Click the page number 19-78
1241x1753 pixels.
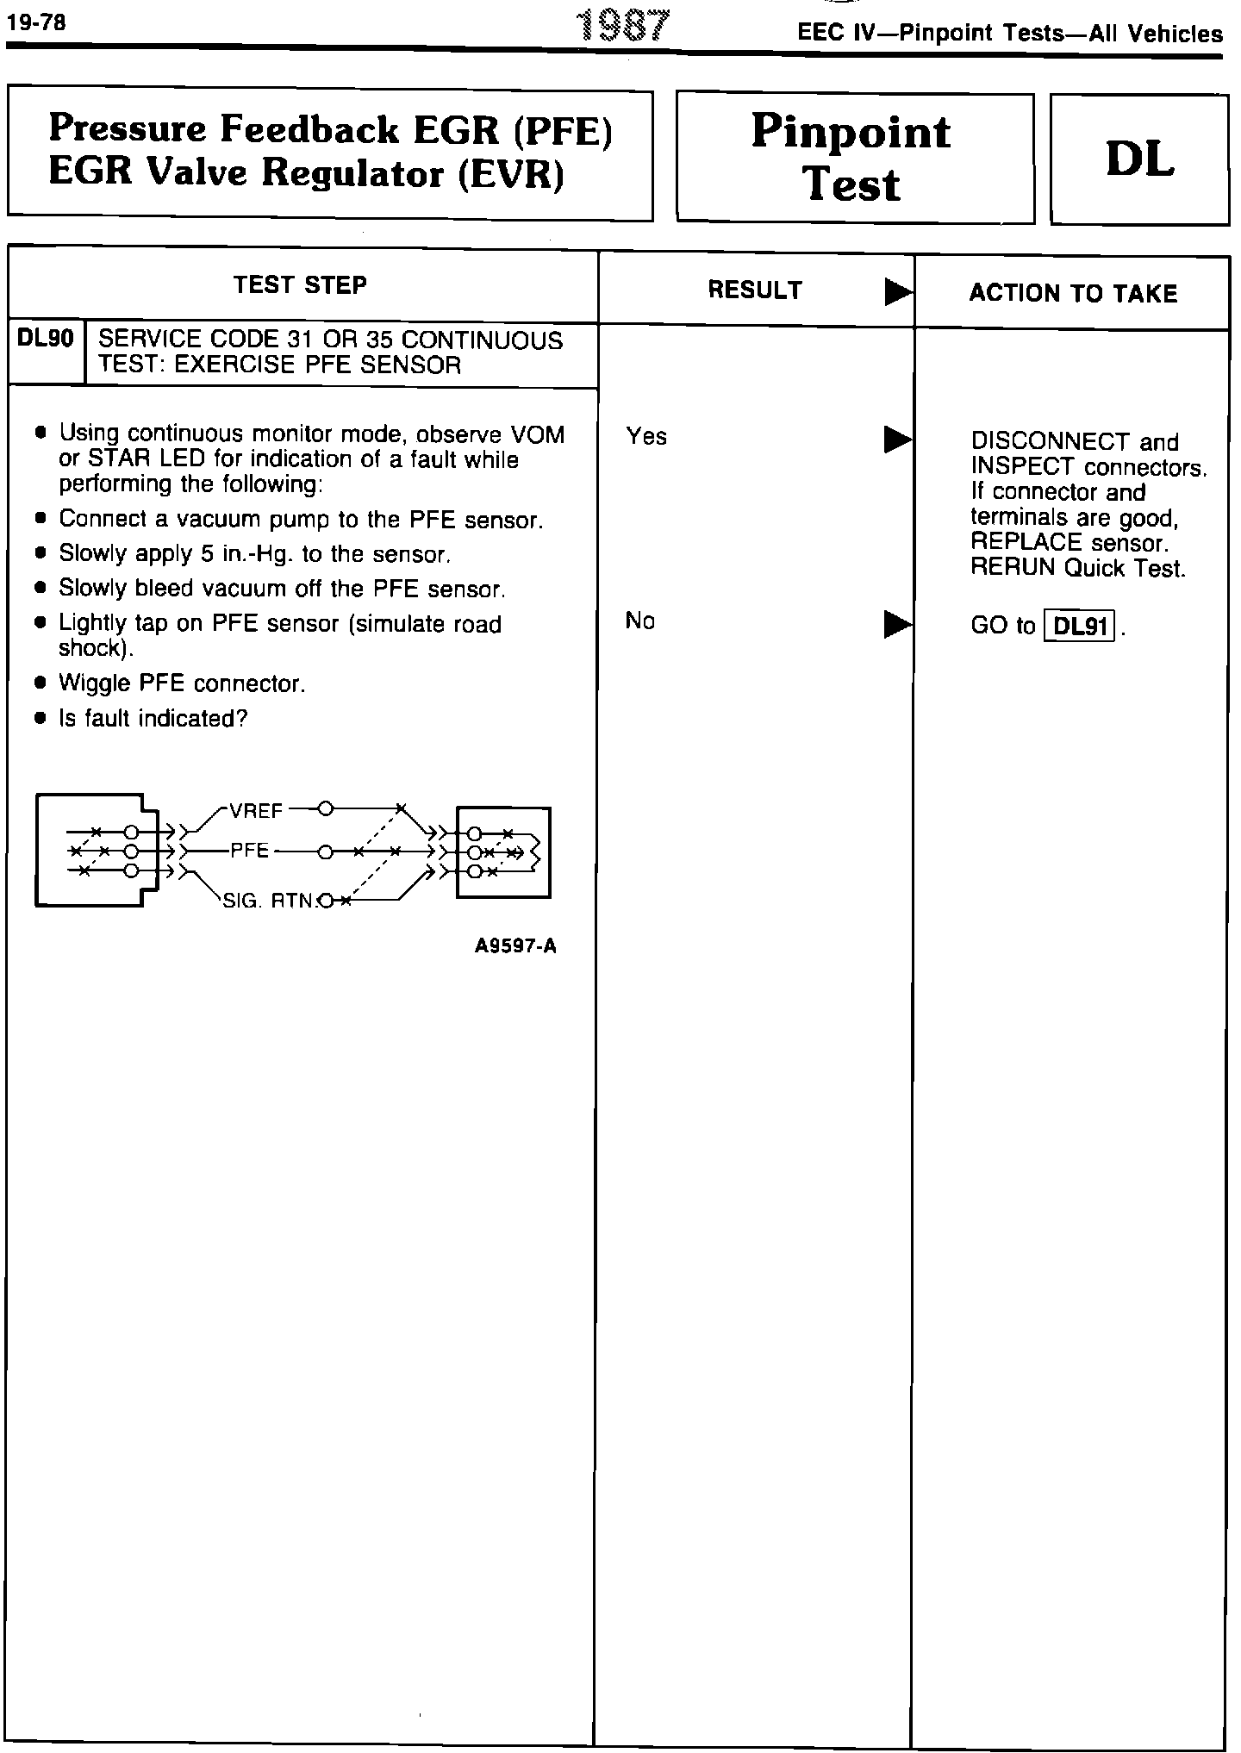[x=36, y=22]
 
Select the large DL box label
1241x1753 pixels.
[x=1139, y=159]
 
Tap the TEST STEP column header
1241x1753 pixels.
[x=300, y=285]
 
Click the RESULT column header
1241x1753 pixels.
[x=755, y=290]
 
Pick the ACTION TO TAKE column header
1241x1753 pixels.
[x=1073, y=294]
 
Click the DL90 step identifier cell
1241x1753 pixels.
[x=46, y=339]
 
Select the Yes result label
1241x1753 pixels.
[x=646, y=437]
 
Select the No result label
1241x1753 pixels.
[x=640, y=621]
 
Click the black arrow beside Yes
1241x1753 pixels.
[x=897, y=440]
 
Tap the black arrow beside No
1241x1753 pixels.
[x=897, y=624]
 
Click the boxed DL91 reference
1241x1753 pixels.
[x=1080, y=626]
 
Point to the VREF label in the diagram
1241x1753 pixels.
[x=256, y=811]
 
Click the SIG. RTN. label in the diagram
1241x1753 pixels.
[x=270, y=901]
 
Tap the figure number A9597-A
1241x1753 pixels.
[x=515, y=946]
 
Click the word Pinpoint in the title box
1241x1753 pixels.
[x=851, y=132]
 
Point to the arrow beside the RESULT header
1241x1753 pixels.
[x=897, y=294]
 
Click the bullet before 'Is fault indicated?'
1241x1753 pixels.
[x=40, y=719]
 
